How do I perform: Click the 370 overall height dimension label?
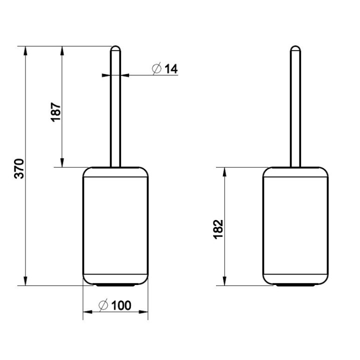(x=19, y=168)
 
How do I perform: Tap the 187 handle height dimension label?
(x=55, y=112)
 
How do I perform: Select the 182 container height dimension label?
(x=218, y=229)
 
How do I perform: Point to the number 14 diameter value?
(x=171, y=68)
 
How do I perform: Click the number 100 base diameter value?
(x=121, y=305)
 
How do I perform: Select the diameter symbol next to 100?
(x=103, y=305)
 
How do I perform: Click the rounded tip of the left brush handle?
(x=115, y=48)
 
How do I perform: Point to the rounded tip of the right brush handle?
(x=295, y=48)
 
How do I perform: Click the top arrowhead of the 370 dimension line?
(x=25, y=50)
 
